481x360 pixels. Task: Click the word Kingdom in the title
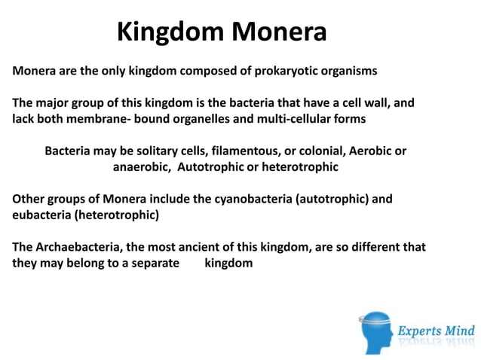pyautogui.click(x=170, y=32)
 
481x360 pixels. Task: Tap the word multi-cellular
pyautogui.click(x=299, y=118)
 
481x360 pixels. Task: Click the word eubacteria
pyautogui.click(x=41, y=215)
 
